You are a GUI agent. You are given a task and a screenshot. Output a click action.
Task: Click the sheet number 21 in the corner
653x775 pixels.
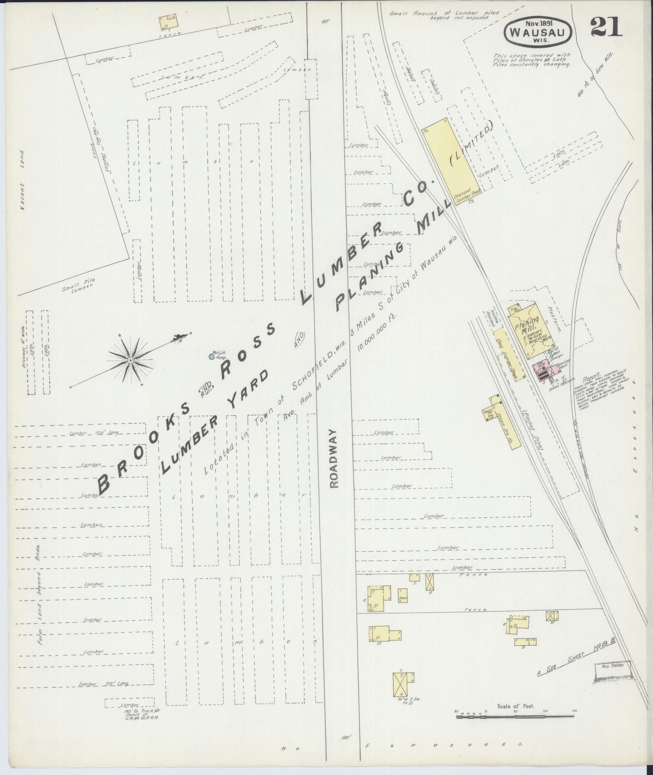(x=606, y=28)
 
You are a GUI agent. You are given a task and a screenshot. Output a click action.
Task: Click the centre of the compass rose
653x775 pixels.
(x=130, y=360)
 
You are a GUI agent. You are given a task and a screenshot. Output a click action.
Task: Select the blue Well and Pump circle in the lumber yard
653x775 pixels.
(x=211, y=357)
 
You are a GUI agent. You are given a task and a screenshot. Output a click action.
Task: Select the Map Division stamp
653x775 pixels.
(x=613, y=665)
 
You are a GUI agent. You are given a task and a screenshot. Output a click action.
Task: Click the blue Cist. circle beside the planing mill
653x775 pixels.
(x=549, y=352)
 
